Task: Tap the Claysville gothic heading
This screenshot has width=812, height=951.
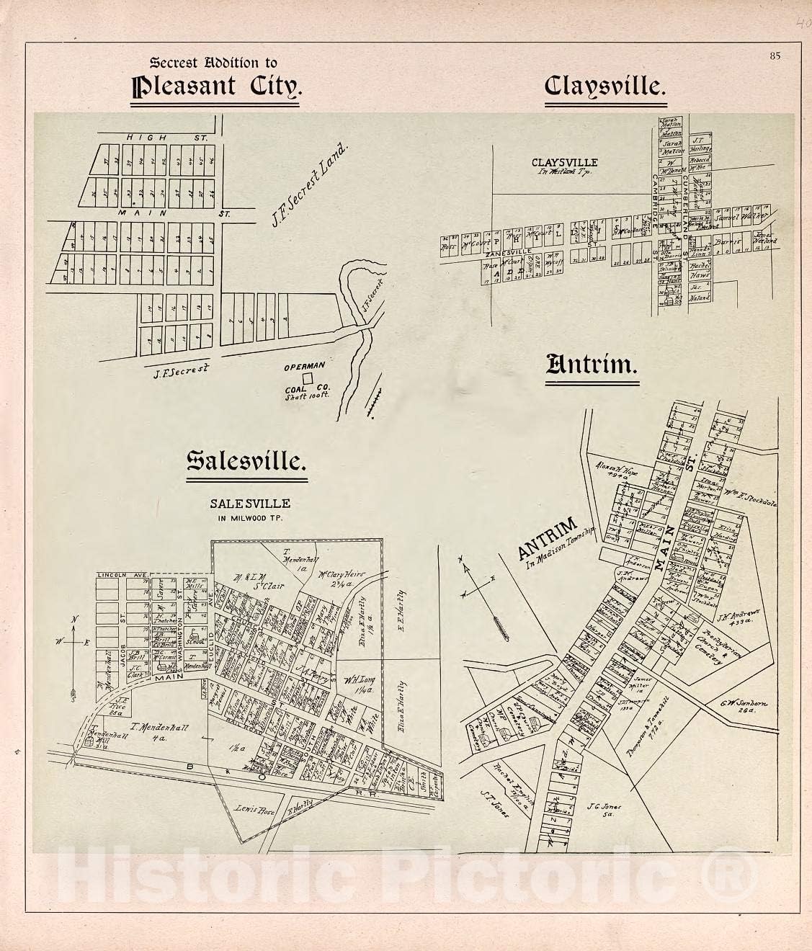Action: point(604,87)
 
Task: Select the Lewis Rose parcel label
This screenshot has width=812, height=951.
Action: point(252,809)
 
